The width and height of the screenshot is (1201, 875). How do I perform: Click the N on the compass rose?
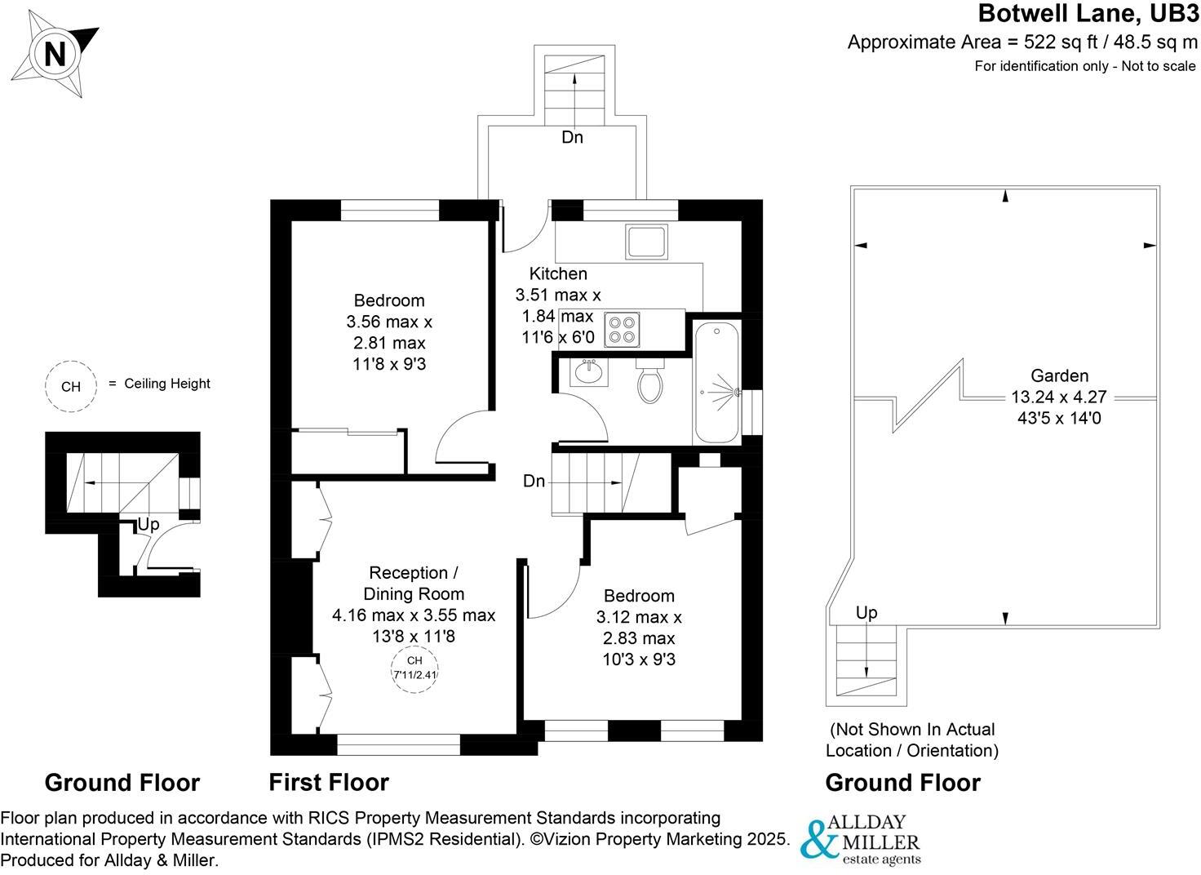54,54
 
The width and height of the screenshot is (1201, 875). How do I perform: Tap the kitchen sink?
646,242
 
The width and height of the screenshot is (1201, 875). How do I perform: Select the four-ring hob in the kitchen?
622,329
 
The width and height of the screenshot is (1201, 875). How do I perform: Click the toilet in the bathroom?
649,384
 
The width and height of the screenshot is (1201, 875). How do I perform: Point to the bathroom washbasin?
587,373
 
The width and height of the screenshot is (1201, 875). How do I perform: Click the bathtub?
716,382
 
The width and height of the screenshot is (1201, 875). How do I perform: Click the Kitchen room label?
558,273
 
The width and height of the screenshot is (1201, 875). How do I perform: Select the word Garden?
1059,375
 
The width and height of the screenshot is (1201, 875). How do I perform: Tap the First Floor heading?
329,782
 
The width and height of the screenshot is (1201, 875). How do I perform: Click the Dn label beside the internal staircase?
534,482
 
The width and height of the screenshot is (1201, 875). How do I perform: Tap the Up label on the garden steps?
866,612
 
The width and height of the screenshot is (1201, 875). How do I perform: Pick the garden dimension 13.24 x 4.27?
1059,398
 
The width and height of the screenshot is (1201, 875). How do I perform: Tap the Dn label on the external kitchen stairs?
572,137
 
